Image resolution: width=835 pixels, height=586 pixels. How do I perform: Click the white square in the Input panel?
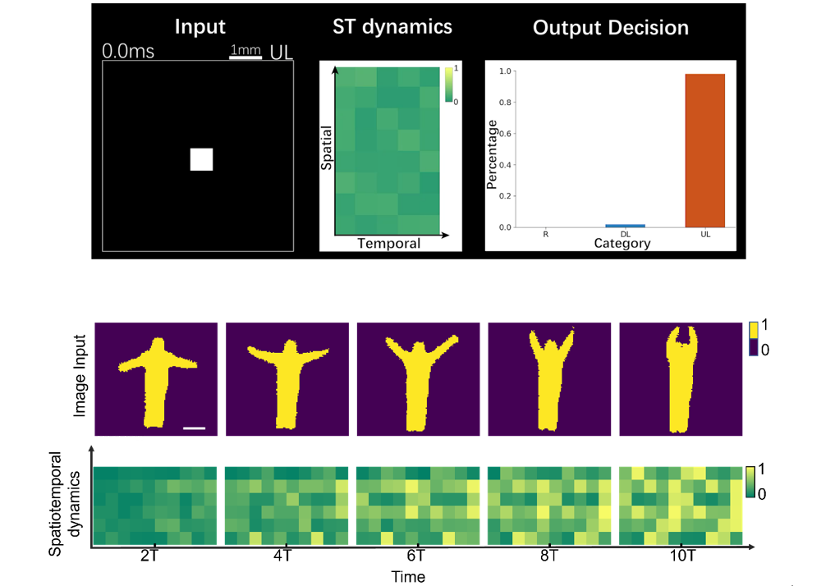pyautogui.click(x=201, y=159)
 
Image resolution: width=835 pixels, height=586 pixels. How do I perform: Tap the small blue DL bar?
pyautogui.click(x=626, y=225)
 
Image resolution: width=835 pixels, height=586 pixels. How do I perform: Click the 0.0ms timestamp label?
pyautogui.click(x=128, y=52)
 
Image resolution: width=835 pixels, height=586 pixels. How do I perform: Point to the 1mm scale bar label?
pyautogui.click(x=245, y=51)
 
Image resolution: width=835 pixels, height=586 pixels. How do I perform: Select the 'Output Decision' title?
pyautogui.click(x=610, y=28)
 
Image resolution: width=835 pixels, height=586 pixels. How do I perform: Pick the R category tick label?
pyautogui.click(x=546, y=234)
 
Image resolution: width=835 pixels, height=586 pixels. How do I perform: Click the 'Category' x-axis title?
pyautogui.click(x=623, y=243)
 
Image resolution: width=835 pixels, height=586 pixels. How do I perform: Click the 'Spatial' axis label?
pyautogui.click(x=326, y=148)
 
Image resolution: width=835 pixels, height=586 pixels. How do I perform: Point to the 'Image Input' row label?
pyautogui.click(x=80, y=378)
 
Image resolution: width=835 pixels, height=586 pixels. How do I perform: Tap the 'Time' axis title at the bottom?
pyautogui.click(x=408, y=576)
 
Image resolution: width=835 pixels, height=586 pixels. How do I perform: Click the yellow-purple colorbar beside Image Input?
pyautogui.click(x=755, y=339)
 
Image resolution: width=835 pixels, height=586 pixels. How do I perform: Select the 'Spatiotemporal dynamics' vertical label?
pyautogui.click(x=64, y=504)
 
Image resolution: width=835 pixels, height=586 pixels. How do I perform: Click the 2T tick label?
pyautogui.click(x=149, y=555)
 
